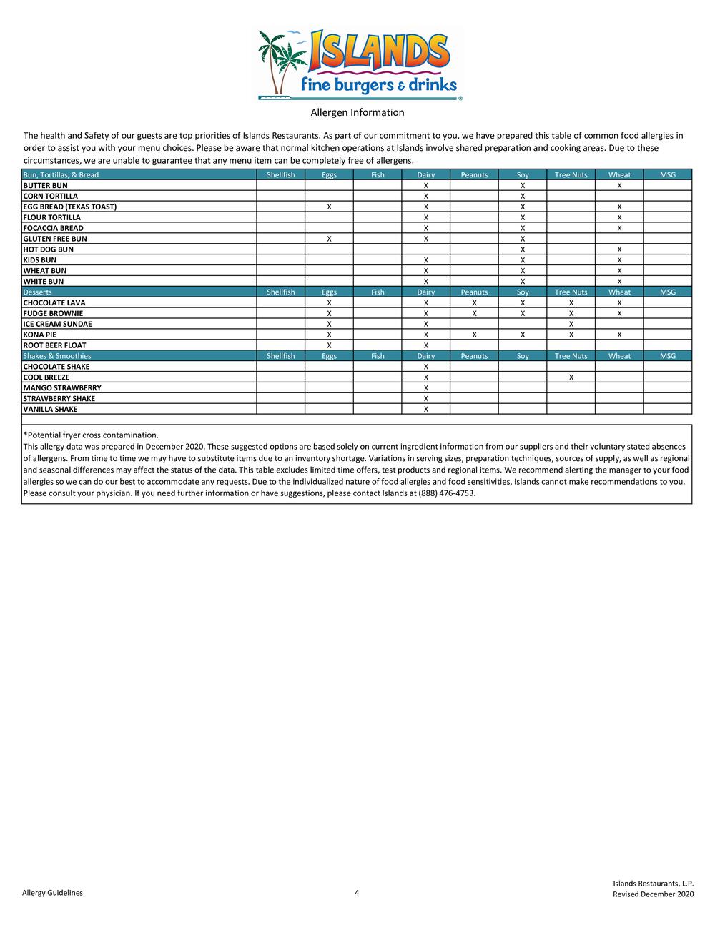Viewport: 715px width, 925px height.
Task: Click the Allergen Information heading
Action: point(357,112)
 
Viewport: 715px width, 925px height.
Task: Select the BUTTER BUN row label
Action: point(45,185)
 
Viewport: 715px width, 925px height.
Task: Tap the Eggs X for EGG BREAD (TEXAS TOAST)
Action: point(329,207)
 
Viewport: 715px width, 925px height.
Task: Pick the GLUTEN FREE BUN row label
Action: point(55,239)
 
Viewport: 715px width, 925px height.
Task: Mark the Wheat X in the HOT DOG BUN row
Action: point(619,249)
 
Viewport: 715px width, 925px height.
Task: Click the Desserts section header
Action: point(38,292)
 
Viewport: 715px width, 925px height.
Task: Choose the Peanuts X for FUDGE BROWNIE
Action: point(474,313)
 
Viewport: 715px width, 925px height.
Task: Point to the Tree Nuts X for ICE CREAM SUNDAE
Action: point(571,324)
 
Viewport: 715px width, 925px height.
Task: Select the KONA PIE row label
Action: point(39,335)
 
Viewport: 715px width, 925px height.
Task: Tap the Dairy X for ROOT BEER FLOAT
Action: point(426,345)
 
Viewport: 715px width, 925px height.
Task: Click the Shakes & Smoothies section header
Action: point(57,356)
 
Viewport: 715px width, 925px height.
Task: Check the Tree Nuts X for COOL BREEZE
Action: point(571,377)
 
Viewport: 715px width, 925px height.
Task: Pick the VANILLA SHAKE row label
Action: point(50,410)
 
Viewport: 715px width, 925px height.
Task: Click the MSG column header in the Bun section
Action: point(667,175)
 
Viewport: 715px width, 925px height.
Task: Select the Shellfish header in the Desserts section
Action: point(280,292)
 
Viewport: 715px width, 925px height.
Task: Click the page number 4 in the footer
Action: point(357,892)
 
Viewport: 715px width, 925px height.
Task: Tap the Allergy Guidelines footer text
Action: point(52,892)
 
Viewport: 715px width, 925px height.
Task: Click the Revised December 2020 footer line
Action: point(653,894)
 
